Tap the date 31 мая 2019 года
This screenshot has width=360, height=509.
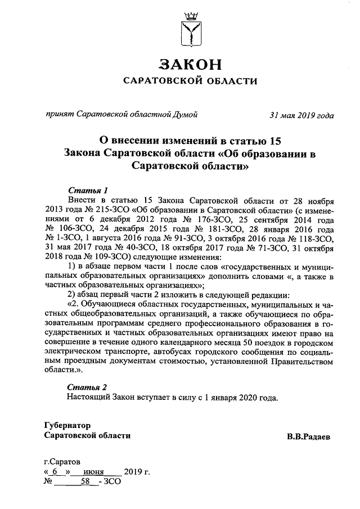301,116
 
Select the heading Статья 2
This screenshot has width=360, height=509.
87,388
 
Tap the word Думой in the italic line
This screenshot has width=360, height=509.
185,116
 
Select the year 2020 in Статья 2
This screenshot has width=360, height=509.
245,398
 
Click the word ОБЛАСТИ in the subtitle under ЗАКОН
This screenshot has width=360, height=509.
227,81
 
